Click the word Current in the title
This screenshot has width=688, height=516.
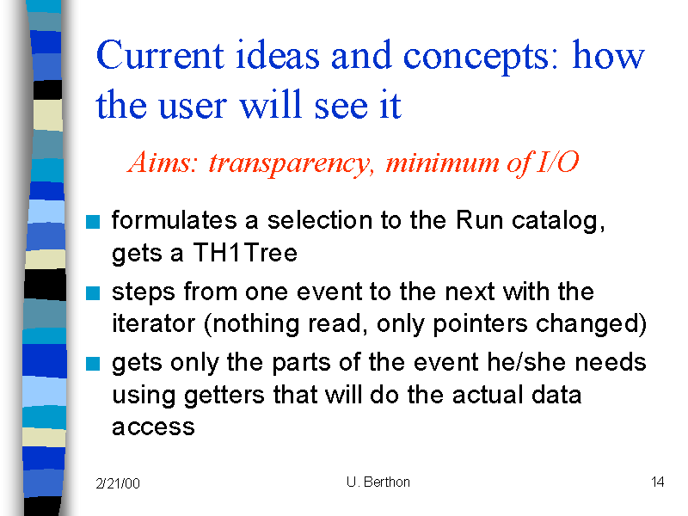click(x=160, y=55)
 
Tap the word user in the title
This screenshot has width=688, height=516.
click(x=192, y=107)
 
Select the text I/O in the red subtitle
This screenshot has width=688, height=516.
click(x=557, y=162)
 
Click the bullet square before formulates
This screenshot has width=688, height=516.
click(x=93, y=222)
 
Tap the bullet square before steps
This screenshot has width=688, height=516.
click(x=93, y=293)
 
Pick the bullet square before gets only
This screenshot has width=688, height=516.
click(x=93, y=364)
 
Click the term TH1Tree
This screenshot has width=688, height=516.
click(x=245, y=253)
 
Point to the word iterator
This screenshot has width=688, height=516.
click(x=153, y=324)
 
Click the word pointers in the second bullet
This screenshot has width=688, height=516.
click(x=480, y=325)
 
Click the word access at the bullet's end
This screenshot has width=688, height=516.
click(x=153, y=427)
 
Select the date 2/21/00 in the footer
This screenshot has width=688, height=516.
click(x=118, y=483)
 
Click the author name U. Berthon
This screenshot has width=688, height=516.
click(x=378, y=482)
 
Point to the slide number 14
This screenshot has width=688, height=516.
click(x=657, y=482)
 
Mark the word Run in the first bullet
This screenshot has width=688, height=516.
click(x=480, y=220)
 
